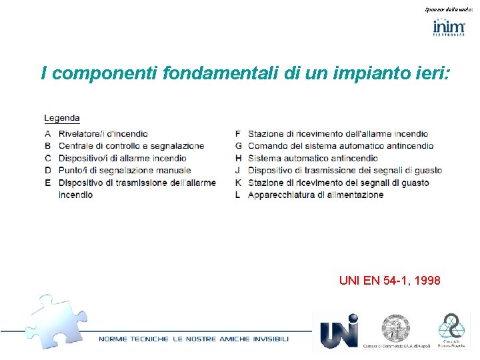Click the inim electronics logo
click(x=449, y=28)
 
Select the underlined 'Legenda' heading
click(x=62, y=118)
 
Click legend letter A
click(x=48, y=134)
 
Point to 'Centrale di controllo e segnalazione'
click(x=131, y=146)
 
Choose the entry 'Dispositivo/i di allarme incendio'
click(x=123, y=158)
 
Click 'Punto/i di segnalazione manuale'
click(x=125, y=171)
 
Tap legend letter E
click(x=48, y=183)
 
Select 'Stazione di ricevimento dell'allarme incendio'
click(x=338, y=134)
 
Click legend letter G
click(x=239, y=146)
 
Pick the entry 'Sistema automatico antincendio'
click(x=313, y=158)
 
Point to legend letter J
click(x=239, y=171)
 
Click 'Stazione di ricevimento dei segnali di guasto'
click(x=339, y=183)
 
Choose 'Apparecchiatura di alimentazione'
click(x=316, y=195)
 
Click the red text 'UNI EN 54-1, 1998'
click(x=389, y=281)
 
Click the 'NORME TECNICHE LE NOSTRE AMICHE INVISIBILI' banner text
click(x=194, y=339)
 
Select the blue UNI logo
click(x=339, y=331)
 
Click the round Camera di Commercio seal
click(x=396, y=328)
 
